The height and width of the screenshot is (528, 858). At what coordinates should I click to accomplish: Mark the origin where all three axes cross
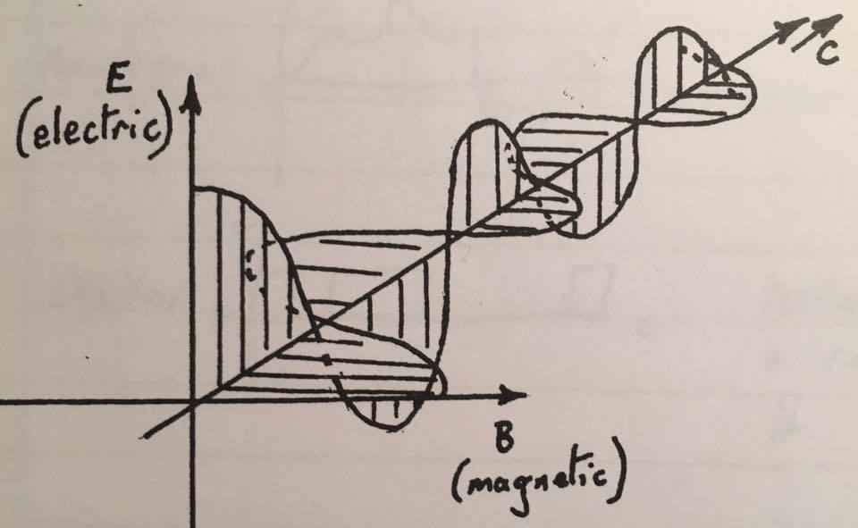pos(192,402)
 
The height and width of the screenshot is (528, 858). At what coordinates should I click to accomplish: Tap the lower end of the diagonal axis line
pos(143,437)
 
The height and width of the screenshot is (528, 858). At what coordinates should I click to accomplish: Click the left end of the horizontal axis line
pos(3,401)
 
